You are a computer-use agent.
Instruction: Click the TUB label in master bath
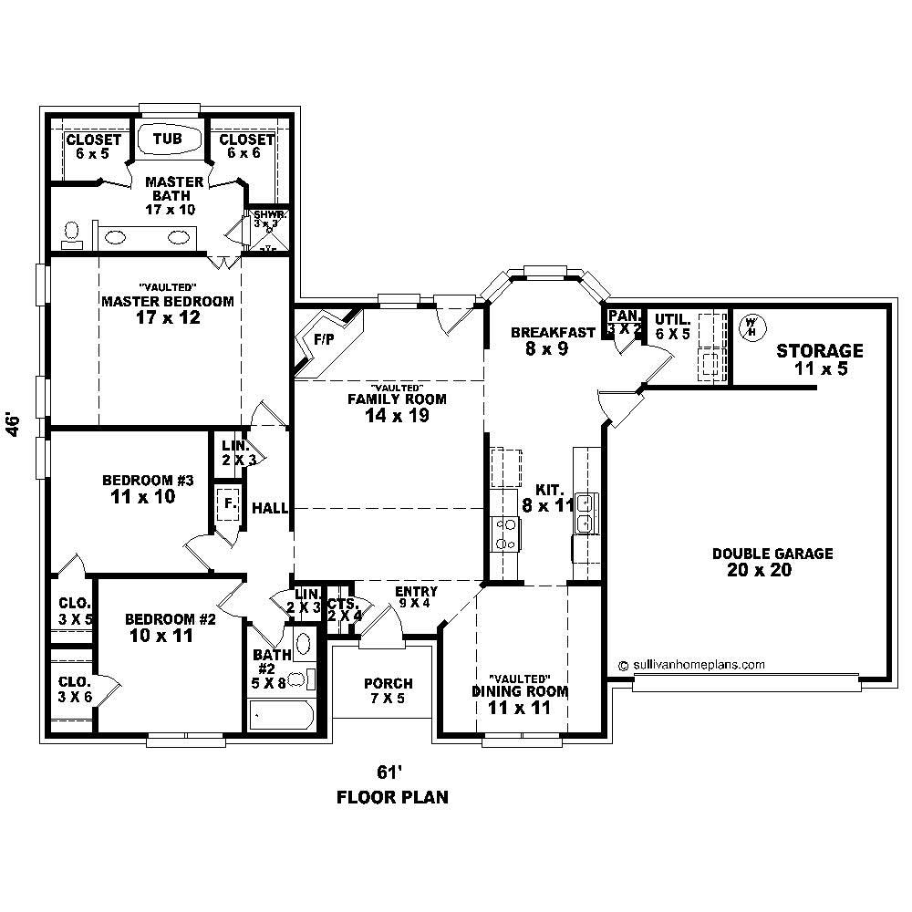pyautogui.click(x=167, y=139)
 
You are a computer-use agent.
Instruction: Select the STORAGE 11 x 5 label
pyautogui.click(x=819, y=358)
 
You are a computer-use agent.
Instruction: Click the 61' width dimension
pyautogui.click(x=391, y=769)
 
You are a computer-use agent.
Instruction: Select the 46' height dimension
pyautogui.click(x=13, y=425)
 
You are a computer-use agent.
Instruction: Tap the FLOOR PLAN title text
pyautogui.click(x=392, y=798)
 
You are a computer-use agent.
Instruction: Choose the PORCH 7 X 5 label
pyautogui.click(x=388, y=691)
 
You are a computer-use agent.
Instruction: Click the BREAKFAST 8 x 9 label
pyautogui.click(x=541, y=339)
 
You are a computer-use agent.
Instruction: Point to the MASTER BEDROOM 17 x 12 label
pyautogui.click(x=167, y=308)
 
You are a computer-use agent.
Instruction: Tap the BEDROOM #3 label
pyautogui.click(x=137, y=488)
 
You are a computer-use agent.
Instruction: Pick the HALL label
pyautogui.click(x=270, y=508)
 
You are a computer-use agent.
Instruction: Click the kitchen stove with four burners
pyautogui.click(x=505, y=533)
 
